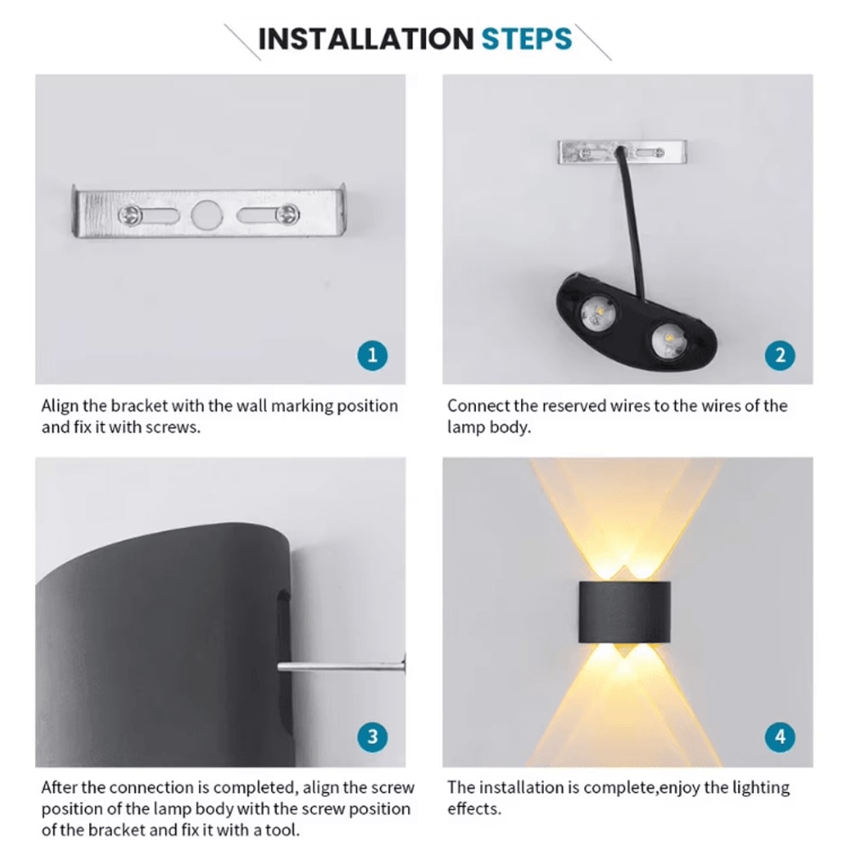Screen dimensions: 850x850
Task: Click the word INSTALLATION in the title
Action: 365,39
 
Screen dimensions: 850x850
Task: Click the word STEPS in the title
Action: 527,39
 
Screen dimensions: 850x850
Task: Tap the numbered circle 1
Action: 372,354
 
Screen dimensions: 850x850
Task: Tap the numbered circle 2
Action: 779,354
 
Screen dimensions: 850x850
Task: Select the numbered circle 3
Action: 372,736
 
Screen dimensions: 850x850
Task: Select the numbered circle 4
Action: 779,736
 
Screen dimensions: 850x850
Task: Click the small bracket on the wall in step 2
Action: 623,152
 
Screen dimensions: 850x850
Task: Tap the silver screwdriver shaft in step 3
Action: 340,666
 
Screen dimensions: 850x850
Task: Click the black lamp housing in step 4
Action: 625,611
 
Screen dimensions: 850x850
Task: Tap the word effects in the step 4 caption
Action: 473,808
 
